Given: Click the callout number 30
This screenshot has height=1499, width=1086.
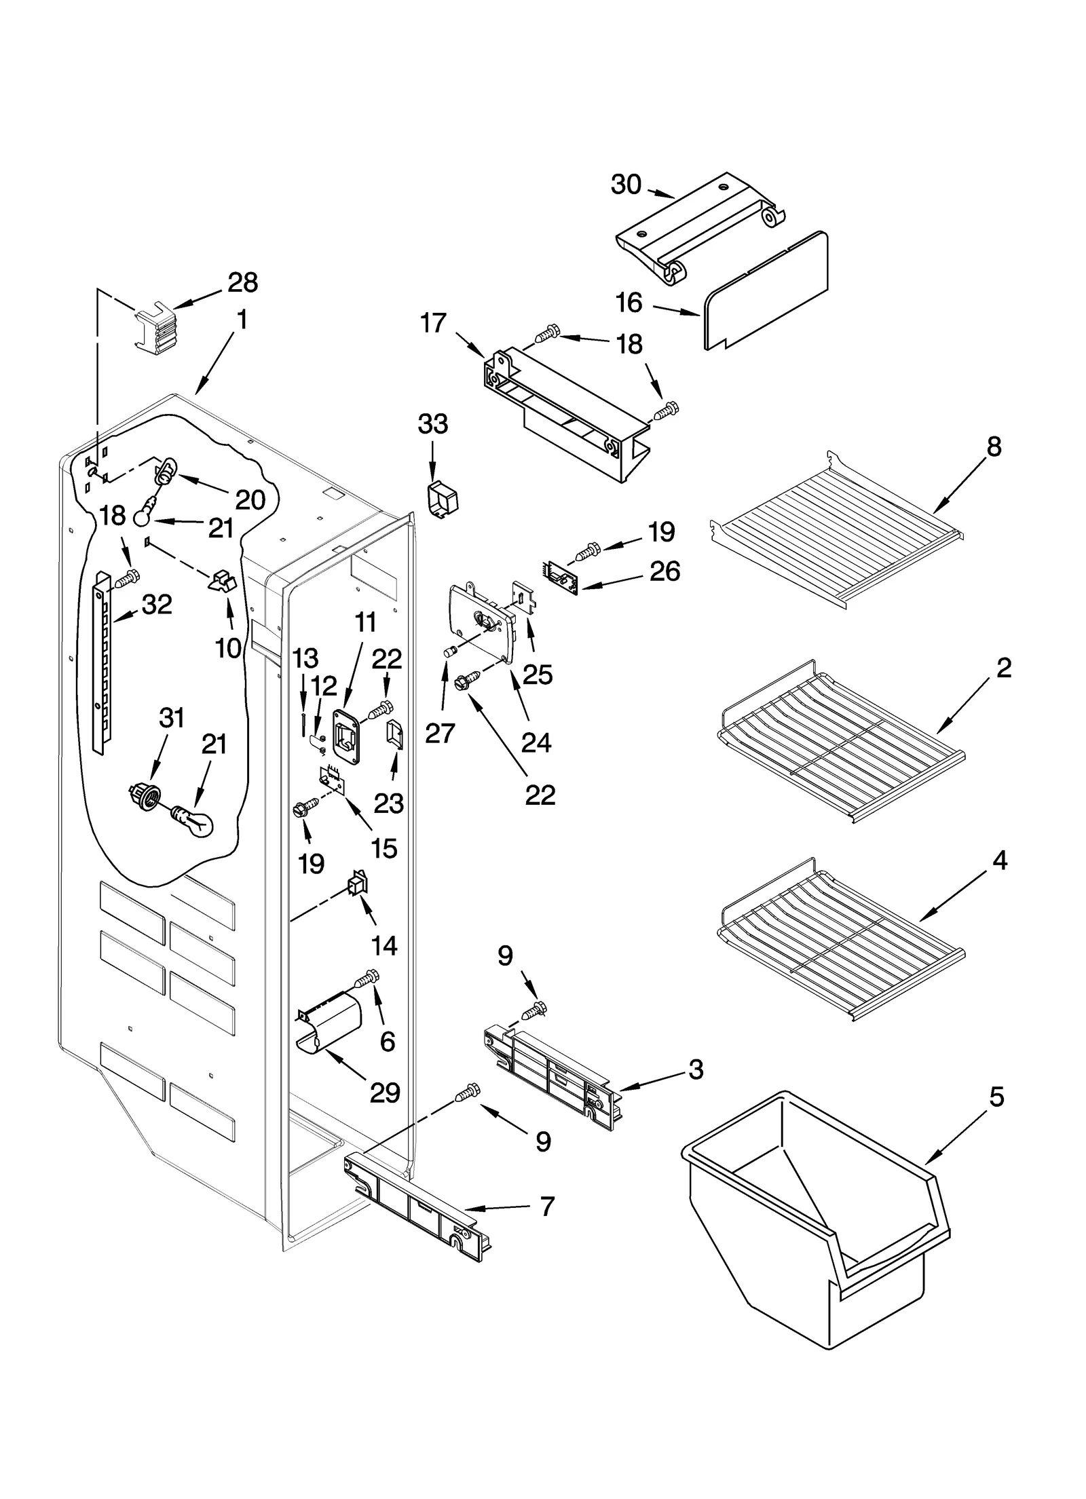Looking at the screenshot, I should [x=625, y=185].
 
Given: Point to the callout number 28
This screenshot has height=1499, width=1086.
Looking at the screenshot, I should [x=242, y=282].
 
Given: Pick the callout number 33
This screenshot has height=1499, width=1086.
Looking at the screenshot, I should [x=432, y=424].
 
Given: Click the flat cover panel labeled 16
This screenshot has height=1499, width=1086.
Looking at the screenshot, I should [x=767, y=292].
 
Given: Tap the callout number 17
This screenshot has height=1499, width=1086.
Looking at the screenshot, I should [x=433, y=324].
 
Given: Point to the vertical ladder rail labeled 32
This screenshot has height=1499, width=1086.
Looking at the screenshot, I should [x=102, y=662].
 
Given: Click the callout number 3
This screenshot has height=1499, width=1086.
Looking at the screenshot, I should [x=696, y=1069].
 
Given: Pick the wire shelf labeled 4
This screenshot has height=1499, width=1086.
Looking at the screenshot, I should [x=842, y=936].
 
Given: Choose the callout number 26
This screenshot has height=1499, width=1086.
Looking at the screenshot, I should [x=664, y=571].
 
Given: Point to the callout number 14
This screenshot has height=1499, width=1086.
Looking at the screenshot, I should [x=384, y=945].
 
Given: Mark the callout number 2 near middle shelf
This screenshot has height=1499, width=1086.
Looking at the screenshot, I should [x=1004, y=668].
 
